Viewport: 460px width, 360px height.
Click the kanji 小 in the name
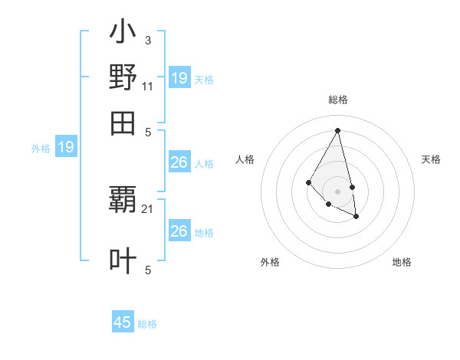(123, 34)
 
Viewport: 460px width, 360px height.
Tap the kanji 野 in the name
(123, 78)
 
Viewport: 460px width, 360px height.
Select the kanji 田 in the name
(123, 123)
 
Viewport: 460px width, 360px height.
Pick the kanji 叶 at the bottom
(123, 260)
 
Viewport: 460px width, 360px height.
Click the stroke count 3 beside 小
(147, 40)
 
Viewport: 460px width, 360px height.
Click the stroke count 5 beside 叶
(147, 270)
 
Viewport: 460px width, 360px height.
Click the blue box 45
(123, 322)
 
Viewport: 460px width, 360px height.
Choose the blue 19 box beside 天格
(179, 78)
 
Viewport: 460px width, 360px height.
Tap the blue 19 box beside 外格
(66, 147)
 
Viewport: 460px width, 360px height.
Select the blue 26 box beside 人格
(179, 162)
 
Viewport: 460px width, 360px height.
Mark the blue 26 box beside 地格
(179, 231)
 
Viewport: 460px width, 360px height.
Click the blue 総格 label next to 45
(147, 324)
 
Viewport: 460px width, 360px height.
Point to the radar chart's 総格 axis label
(337, 100)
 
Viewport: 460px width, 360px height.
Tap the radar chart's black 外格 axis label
(270, 262)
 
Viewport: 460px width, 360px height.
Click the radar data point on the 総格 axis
(337, 130)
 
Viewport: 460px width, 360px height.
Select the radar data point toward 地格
(356, 217)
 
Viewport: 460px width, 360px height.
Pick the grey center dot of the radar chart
(337, 191)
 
